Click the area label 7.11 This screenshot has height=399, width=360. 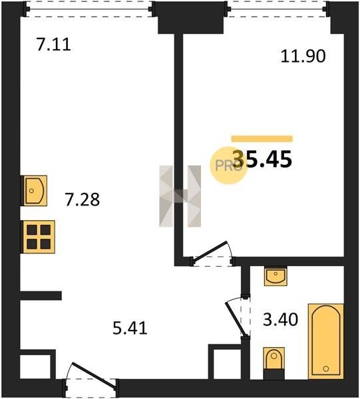(x=53, y=45)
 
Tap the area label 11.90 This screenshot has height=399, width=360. (x=303, y=57)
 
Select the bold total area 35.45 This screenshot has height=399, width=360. (x=262, y=159)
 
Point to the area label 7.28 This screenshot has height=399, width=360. (x=82, y=199)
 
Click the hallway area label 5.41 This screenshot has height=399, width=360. (x=130, y=328)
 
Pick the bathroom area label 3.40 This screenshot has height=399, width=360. (x=280, y=320)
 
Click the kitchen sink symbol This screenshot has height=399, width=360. (x=35, y=191)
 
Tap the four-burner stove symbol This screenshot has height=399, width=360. (x=39, y=237)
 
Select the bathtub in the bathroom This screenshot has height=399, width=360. (x=325, y=341)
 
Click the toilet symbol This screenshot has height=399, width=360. (x=273, y=363)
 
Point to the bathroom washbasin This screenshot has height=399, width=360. (x=275, y=276)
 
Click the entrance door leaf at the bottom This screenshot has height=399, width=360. (x=94, y=375)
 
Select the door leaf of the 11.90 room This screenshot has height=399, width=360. (x=210, y=251)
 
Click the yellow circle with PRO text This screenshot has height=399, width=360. (x=228, y=166)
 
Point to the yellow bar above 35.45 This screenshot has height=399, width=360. (x=262, y=139)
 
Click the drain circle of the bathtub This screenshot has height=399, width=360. (x=325, y=368)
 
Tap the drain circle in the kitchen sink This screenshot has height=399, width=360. (x=31, y=191)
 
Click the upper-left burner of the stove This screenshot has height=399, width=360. (x=32, y=230)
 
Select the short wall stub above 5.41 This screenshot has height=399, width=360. (x=41, y=295)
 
